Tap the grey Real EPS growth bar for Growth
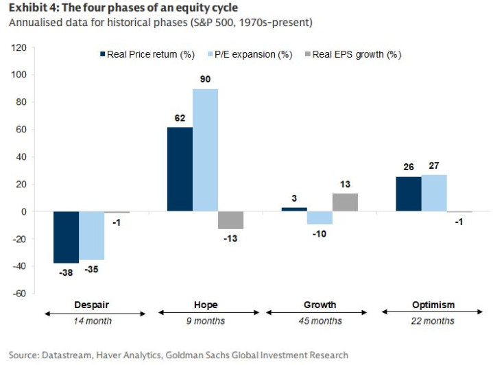pos(346,202)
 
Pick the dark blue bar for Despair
pos(66,237)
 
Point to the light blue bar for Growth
pos(320,218)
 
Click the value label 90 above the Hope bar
pos(205,80)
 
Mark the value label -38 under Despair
pos(66,272)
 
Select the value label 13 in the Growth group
pos(346,185)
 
